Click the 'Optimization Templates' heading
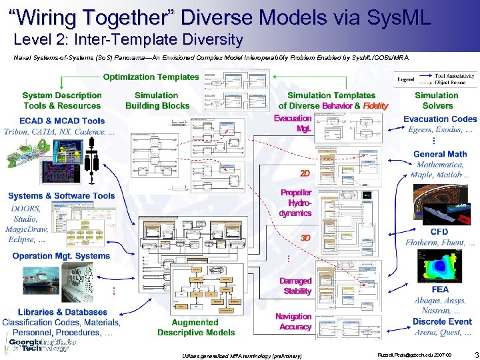coord(151,77)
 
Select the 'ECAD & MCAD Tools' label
coord(62,121)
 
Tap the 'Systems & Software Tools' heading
coord(61,196)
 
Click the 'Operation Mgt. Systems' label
coord(61,256)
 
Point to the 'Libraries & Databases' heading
coord(63,312)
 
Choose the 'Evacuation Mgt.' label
coord(293,123)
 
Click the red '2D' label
coord(305,173)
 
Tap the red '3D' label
coord(305,238)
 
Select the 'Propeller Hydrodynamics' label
coord(295,203)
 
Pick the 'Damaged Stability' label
coord(295,286)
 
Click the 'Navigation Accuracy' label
coord(293,321)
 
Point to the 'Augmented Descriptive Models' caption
coord(196,327)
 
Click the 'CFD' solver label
coord(439,232)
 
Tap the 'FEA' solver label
coord(440,290)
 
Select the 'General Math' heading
coord(440,154)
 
